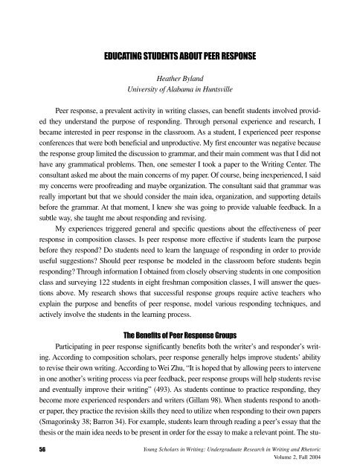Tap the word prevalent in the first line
click(116, 111)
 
